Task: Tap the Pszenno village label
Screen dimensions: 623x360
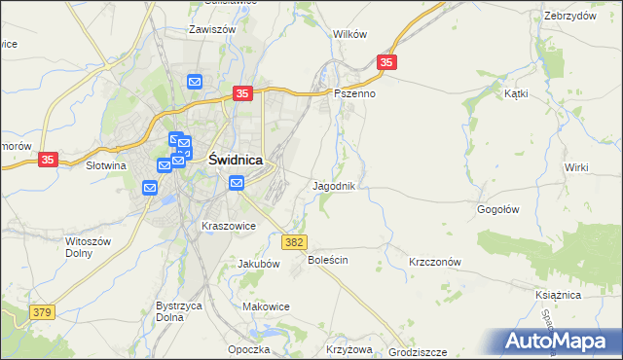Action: (x=354, y=94)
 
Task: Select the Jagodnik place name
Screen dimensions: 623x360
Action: (x=340, y=185)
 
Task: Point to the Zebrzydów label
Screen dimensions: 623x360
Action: (x=570, y=16)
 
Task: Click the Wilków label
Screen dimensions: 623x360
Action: (x=349, y=33)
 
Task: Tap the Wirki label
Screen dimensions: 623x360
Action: (x=576, y=167)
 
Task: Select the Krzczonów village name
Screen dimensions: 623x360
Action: (x=434, y=262)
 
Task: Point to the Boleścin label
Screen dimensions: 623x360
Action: (x=328, y=261)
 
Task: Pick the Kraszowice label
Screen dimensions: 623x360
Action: (x=229, y=226)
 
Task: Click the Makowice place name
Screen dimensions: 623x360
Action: (x=267, y=306)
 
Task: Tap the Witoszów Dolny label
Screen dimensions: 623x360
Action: (x=92, y=246)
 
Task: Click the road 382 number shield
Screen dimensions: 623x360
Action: (x=295, y=241)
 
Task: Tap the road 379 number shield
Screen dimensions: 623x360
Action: (x=41, y=312)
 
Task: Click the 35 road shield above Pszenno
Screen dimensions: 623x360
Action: (x=387, y=62)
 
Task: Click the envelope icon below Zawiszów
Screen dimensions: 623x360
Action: (x=195, y=83)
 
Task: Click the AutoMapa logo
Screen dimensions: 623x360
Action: (x=564, y=341)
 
